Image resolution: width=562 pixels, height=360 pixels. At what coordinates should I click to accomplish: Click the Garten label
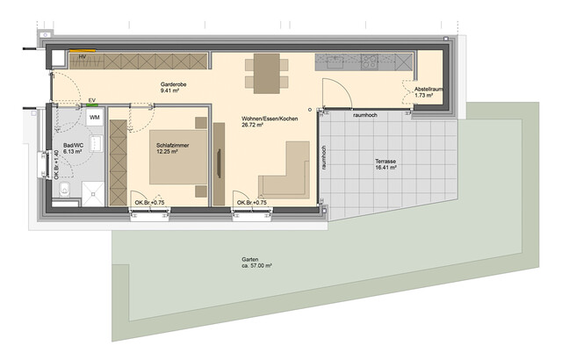click(x=250, y=259)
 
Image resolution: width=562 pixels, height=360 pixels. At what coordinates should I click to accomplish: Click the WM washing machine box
click(x=94, y=117)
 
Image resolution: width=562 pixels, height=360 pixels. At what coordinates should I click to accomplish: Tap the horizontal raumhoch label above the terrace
click(x=366, y=115)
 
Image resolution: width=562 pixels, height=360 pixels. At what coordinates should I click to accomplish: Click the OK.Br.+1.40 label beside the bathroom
click(x=56, y=162)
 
